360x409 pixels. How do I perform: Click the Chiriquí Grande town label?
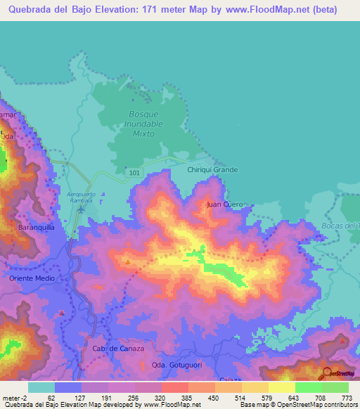pos(213,169)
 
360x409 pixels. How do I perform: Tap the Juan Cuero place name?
pos(225,204)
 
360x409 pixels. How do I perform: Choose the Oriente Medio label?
pos(32,278)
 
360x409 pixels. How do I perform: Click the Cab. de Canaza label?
pos(118,349)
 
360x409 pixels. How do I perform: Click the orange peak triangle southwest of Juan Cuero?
pos(127,262)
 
